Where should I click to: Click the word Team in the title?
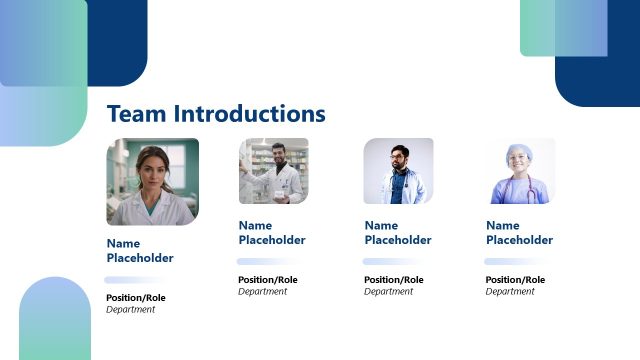pos(137,114)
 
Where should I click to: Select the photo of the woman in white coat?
pos(152,181)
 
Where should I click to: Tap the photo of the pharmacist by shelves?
pos(273,171)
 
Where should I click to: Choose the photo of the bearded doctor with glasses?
pos(398,171)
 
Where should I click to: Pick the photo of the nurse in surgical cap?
pos(520,171)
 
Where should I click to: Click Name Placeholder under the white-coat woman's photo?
pos(140,251)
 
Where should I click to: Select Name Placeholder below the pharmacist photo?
pos(272,233)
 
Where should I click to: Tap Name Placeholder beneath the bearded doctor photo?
pos(398,233)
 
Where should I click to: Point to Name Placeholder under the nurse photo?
pos(520,233)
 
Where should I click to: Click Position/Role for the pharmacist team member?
pos(268,280)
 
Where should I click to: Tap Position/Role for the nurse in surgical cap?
pos(516,280)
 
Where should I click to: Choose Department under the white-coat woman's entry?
pos(131,310)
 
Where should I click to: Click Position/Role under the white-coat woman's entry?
pos(136,298)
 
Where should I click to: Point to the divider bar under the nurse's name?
pos(515,261)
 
